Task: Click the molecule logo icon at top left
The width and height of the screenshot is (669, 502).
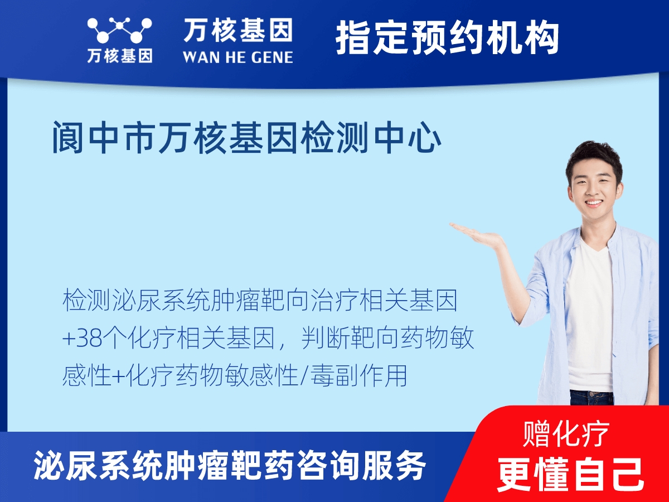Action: click(119, 30)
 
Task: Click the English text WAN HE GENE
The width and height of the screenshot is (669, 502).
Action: click(237, 57)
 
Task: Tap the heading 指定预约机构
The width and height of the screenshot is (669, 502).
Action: click(447, 38)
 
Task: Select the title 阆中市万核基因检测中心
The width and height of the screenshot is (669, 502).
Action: click(246, 138)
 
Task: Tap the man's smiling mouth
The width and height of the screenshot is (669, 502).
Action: click(593, 203)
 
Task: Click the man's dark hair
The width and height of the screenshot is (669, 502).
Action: click(593, 155)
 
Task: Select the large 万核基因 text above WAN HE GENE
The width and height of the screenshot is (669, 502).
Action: click(237, 31)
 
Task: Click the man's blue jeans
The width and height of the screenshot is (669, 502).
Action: click(591, 397)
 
